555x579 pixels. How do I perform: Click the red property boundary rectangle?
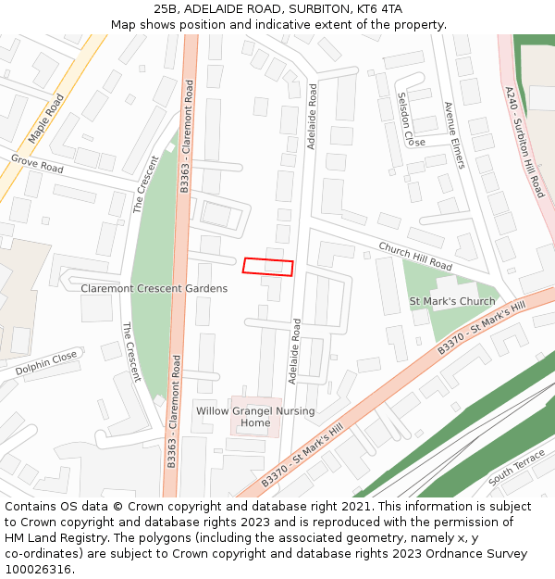tap(268, 267)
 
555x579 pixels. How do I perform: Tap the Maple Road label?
tap(45, 119)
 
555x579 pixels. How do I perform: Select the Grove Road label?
tap(37, 164)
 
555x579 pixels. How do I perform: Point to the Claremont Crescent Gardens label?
tap(154, 289)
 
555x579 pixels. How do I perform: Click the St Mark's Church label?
tap(452, 302)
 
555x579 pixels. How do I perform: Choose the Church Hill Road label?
tap(415, 257)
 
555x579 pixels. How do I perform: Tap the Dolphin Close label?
tap(46, 363)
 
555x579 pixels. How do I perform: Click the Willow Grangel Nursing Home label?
tap(255, 417)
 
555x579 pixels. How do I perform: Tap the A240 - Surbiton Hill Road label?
tap(524, 142)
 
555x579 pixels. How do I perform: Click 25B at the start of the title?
tap(166, 9)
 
